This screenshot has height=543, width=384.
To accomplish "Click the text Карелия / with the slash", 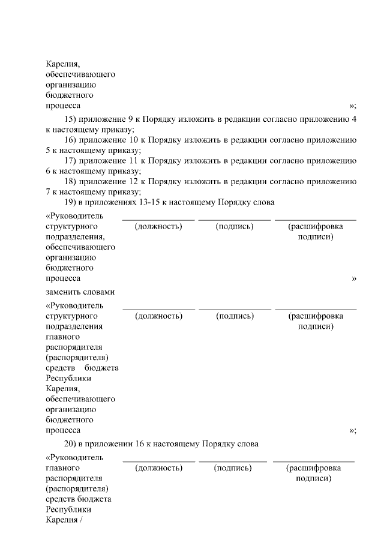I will point(63,520).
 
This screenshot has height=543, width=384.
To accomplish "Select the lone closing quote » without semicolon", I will point(354,278).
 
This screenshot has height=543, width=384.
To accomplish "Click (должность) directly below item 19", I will point(158,226).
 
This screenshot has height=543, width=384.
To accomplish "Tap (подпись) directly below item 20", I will point(233,468).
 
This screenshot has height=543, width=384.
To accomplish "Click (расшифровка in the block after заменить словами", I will point(316,316).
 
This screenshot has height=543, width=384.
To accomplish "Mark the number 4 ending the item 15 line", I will point(355,119).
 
